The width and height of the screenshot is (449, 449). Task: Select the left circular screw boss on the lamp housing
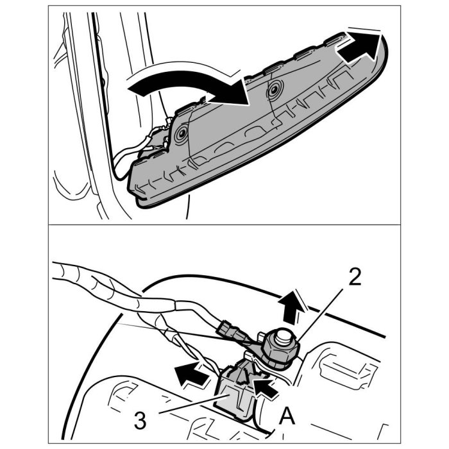pos(182,133)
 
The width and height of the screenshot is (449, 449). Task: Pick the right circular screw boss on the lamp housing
pos(275,90)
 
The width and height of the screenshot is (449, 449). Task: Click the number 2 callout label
pos(355,277)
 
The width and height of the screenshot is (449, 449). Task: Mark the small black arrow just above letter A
pos(265,388)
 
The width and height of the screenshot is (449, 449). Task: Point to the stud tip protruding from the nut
pos(282,337)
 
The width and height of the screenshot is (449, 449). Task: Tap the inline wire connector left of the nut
pos(231,332)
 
